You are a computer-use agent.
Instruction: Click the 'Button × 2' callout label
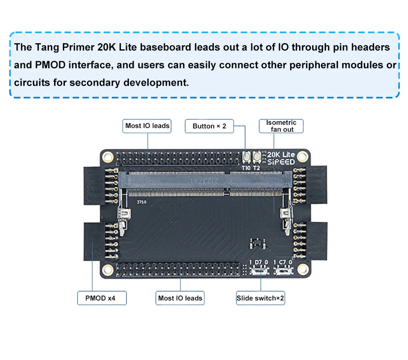click(209, 126)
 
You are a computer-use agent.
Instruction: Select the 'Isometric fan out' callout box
click(281, 126)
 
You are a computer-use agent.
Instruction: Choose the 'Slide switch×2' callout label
click(260, 298)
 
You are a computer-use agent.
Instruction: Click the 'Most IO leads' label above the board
click(147, 126)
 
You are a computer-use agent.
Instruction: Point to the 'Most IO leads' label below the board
click(180, 298)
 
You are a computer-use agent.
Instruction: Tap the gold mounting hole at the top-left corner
click(108, 156)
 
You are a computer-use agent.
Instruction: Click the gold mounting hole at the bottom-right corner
click(302, 268)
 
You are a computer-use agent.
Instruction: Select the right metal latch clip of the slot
click(285, 216)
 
